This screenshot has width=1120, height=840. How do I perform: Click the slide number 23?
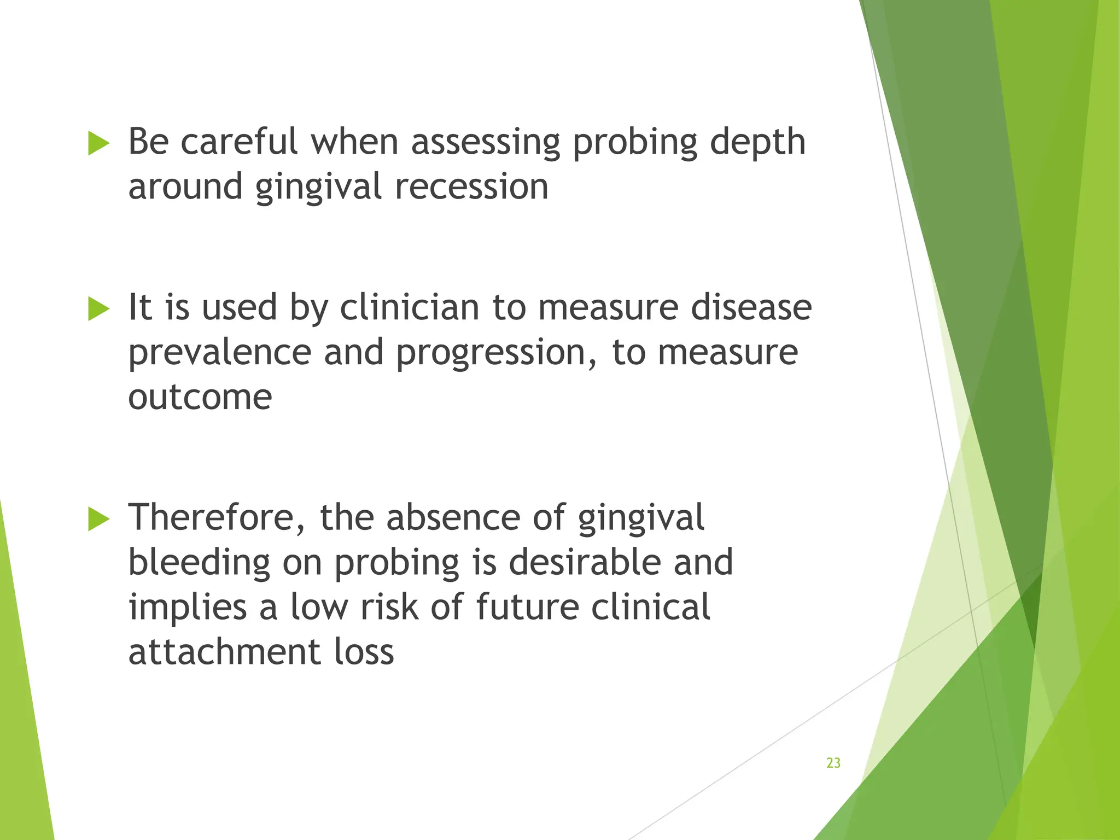pyautogui.click(x=833, y=763)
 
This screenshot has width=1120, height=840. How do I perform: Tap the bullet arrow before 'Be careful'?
pyautogui.click(x=99, y=143)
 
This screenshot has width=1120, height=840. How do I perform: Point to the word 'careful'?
pyautogui.click(x=239, y=142)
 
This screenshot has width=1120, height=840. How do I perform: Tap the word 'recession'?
pyautogui.click(x=471, y=187)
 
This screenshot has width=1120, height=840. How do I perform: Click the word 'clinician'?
pyautogui.click(x=410, y=307)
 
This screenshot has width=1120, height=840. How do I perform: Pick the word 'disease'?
pyautogui.click(x=751, y=307)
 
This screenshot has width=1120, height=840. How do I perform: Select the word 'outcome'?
pyautogui.click(x=200, y=397)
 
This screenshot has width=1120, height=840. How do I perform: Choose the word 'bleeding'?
pyautogui.click(x=199, y=563)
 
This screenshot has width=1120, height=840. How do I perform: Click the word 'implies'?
pyautogui.click(x=188, y=608)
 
